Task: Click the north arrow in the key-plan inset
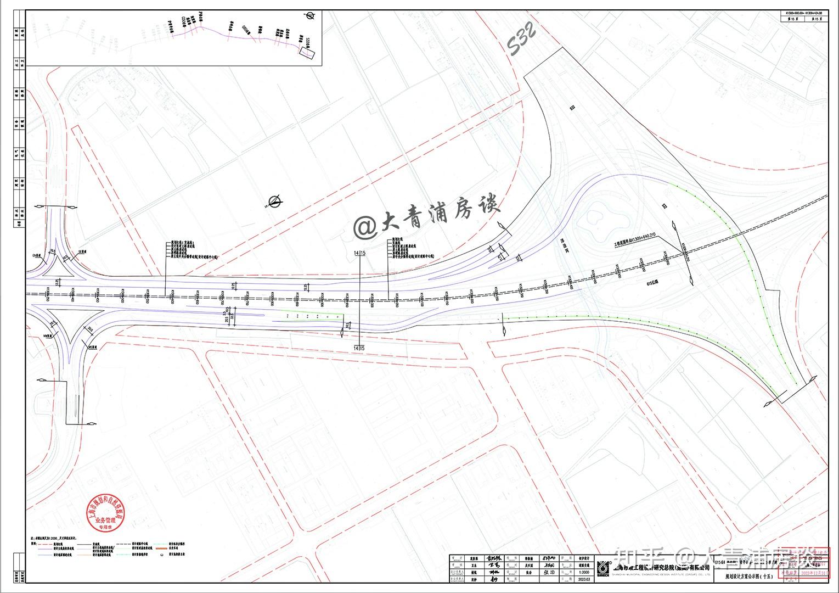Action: coord(311,16)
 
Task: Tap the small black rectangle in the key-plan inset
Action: coord(307,52)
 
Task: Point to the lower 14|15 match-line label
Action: coord(360,348)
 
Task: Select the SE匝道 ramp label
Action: coord(82,251)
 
